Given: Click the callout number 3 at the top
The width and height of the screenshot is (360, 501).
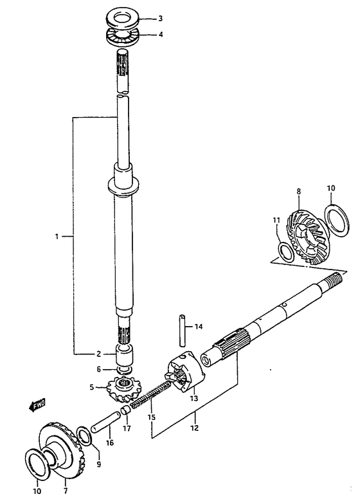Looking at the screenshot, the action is (x=160, y=19).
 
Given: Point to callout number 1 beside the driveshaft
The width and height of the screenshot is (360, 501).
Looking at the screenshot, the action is (x=57, y=237).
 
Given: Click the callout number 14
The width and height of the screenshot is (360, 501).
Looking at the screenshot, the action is (x=199, y=327).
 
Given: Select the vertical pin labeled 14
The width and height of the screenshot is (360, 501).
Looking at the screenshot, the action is (x=182, y=331).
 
